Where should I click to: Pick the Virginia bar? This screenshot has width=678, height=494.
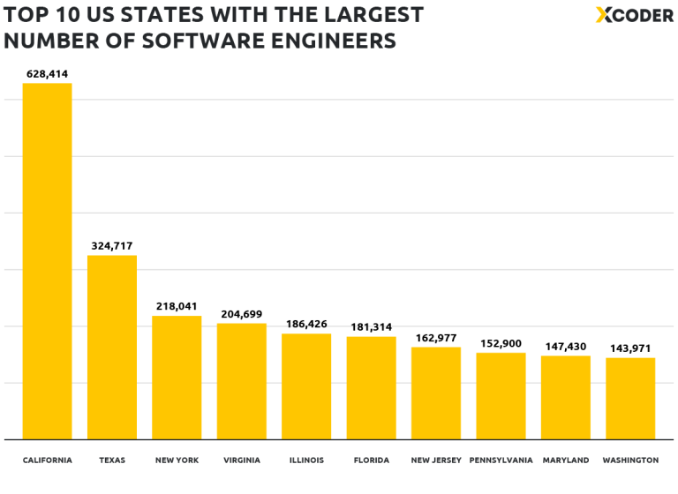coord(241,381)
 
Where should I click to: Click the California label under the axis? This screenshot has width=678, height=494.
coord(47,460)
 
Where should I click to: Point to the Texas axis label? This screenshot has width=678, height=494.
coord(112,460)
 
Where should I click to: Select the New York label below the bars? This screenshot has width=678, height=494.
coord(177,460)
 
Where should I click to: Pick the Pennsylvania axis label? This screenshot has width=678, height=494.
coord(501,460)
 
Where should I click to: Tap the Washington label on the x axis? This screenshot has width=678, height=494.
coord(630,460)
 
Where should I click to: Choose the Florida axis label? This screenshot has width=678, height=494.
coord(371,460)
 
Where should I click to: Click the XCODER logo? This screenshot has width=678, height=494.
coord(633,15)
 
